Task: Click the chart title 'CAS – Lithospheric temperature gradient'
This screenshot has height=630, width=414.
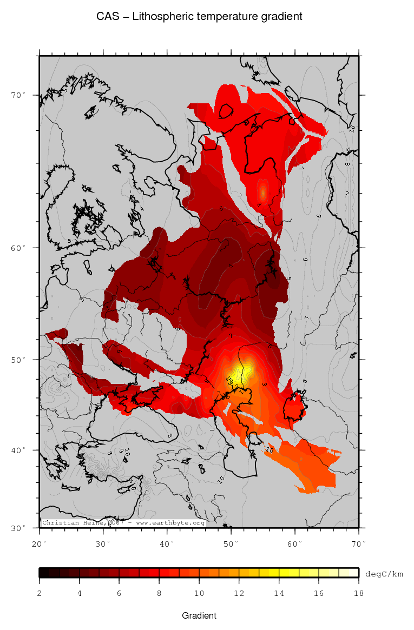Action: pyautogui.click(x=199, y=17)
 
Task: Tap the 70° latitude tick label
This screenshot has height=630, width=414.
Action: pyautogui.click(x=19, y=95)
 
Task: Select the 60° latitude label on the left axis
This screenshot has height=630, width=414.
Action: pyautogui.click(x=19, y=248)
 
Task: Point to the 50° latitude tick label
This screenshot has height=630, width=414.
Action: pyautogui.click(x=19, y=360)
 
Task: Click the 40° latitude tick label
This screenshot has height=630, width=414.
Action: pyautogui.click(x=19, y=450)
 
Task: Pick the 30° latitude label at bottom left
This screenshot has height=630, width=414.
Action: pyautogui.click(x=19, y=528)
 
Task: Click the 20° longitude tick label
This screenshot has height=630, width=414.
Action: pyautogui.click(x=40, y=542)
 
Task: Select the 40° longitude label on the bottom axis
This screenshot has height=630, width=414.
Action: pyautogui.click(x=167, y=542)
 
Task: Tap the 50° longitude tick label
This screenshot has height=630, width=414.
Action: pyautogui.click(x=231, y=542)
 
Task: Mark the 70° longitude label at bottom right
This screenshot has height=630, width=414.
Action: pyautogui.click(x=359, y=542)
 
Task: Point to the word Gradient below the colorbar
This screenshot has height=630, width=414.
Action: pyautogui.click(x=199, y=615)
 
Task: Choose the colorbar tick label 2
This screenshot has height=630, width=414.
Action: pyautogui.click(x=40, y=593)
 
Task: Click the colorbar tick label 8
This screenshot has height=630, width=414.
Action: pyautogui.click(x=159, y=593)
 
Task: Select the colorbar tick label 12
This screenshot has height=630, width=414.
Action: pyautogui.click(x=239, y=593)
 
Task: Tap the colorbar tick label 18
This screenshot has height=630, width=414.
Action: pyautogui.click(x=358, y=593)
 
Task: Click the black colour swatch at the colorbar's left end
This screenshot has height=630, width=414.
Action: pyautogui.click(x=44, y=573)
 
